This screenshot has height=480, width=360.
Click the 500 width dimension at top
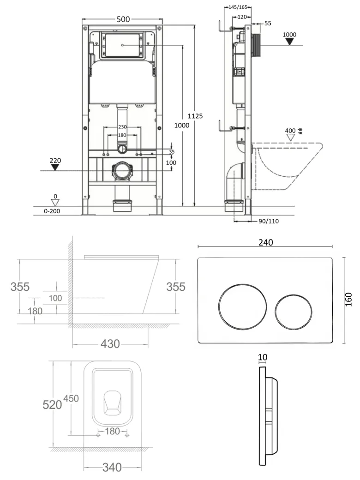123,19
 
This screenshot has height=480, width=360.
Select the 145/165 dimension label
238,7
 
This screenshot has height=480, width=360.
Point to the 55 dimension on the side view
268,23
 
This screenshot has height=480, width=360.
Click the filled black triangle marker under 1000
289,42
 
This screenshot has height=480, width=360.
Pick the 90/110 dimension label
268,221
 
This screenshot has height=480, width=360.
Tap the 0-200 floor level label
52,211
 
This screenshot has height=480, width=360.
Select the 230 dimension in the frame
122,127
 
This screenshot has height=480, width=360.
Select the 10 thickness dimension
263,357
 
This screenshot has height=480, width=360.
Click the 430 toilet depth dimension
110,343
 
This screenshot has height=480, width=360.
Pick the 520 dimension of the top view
52,404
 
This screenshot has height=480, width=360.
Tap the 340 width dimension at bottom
112,468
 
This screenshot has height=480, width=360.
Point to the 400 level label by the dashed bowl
290,131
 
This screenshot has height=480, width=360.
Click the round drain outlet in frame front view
122,170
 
